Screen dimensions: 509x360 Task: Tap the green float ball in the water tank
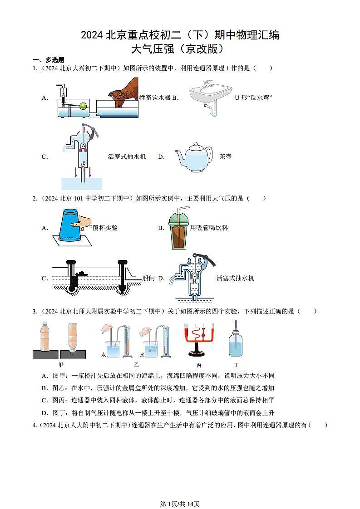83,106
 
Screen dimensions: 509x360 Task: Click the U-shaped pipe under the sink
212,109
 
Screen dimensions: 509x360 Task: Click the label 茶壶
225,157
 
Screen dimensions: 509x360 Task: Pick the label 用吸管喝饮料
209,228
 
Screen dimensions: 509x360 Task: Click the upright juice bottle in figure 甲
44,338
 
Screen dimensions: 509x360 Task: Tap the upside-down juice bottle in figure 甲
74,338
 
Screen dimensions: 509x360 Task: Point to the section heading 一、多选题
48,60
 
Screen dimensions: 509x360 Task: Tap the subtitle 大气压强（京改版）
180,48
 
